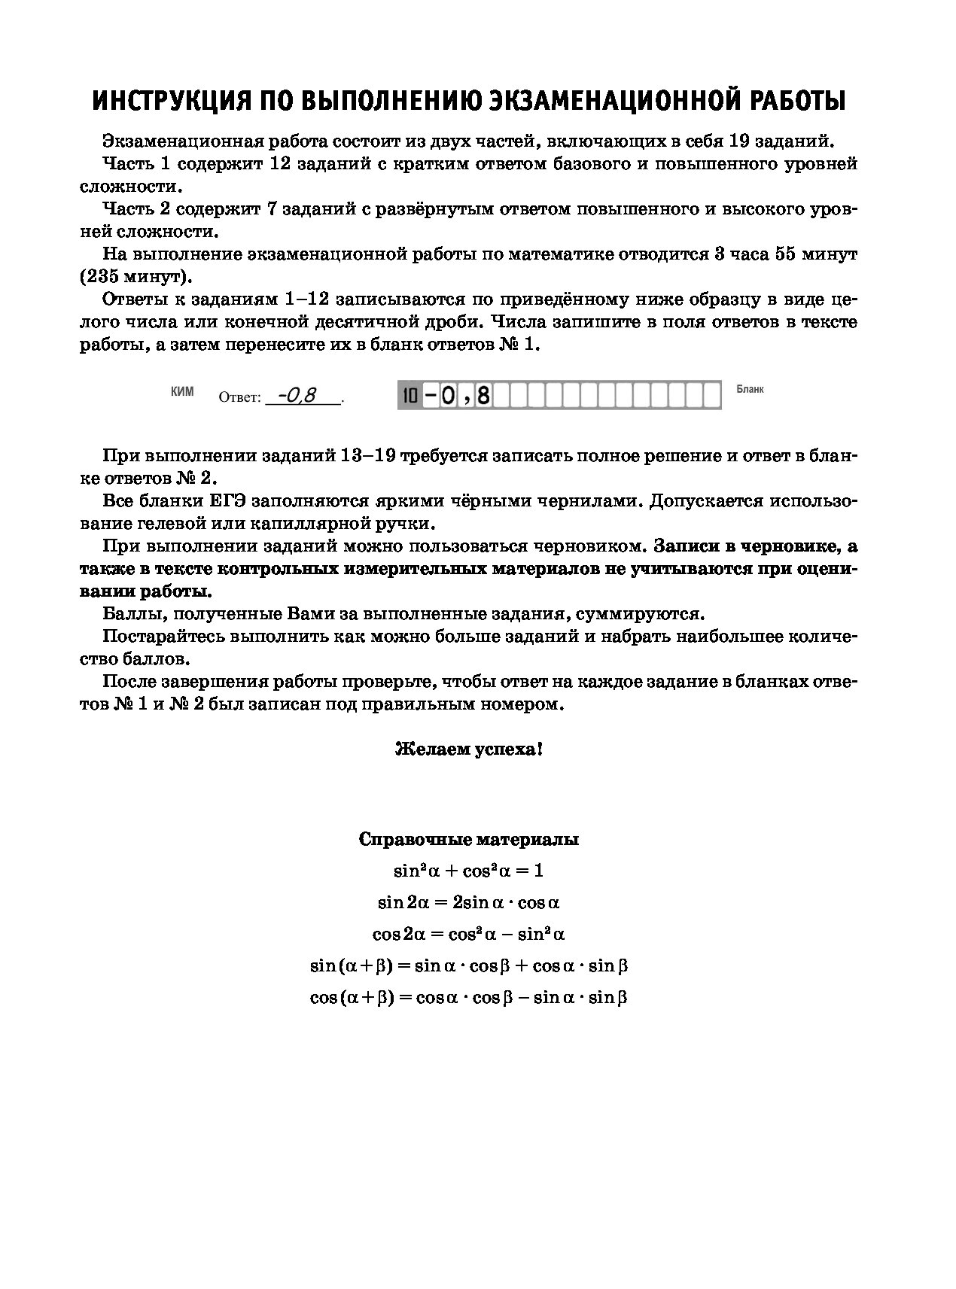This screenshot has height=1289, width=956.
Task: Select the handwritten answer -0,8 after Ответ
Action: [298, 394]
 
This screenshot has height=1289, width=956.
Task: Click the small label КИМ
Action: [182, 391]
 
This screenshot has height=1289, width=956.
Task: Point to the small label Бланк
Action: [750, 390]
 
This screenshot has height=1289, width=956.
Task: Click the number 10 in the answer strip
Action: [409, 396]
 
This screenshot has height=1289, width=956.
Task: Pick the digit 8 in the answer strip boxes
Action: [483, 396]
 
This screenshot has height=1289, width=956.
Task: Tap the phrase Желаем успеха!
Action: [468, 749]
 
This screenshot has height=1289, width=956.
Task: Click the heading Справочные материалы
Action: [468, 840]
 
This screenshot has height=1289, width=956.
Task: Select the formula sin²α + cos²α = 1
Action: [468, 871]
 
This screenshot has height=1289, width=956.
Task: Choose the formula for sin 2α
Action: [468, 902]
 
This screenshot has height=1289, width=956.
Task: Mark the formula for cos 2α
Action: [468, 934]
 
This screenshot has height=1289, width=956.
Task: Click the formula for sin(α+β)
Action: [468, 965]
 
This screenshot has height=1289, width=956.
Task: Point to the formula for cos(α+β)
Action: [468, 997]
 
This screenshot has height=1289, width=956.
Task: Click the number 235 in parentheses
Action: [102, 276]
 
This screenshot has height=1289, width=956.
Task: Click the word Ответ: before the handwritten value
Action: [239, 397]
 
